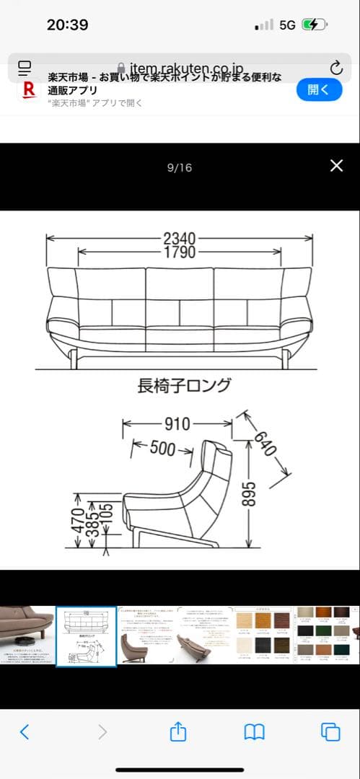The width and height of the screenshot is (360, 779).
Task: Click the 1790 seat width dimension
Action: [180, 252]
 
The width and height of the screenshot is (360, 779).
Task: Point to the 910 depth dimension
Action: [177, 424]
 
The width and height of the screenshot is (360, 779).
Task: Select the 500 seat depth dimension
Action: [162, 449]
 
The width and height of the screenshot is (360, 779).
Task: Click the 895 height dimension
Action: [247, 496]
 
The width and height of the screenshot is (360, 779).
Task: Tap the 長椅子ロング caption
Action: [185, 385]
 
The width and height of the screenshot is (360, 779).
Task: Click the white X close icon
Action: [336, 166]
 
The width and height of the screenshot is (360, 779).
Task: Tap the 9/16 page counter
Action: [180, 168]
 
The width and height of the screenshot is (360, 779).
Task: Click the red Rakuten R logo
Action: [30, 89]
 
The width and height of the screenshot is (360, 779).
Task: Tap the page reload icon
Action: [336, 69]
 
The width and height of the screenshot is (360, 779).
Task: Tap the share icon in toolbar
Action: [178, 732]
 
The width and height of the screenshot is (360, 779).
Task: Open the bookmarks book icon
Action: [254, 732]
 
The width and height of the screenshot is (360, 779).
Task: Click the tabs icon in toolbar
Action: [330, 732]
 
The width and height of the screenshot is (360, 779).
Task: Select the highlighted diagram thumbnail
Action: [86, 635]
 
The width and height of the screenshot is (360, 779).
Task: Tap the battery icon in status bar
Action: [315, 25]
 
